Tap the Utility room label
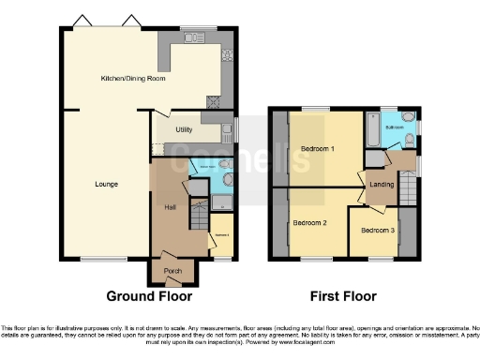coord(184,130)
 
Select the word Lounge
coord(106,184)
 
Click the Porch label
coord(172,272)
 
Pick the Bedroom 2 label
coord(309,223)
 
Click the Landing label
coord(381,184)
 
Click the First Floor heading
coord(343,296)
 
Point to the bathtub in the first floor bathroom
coord(372,128)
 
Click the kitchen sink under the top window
coord(196,38)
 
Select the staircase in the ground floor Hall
coord(199,218)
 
